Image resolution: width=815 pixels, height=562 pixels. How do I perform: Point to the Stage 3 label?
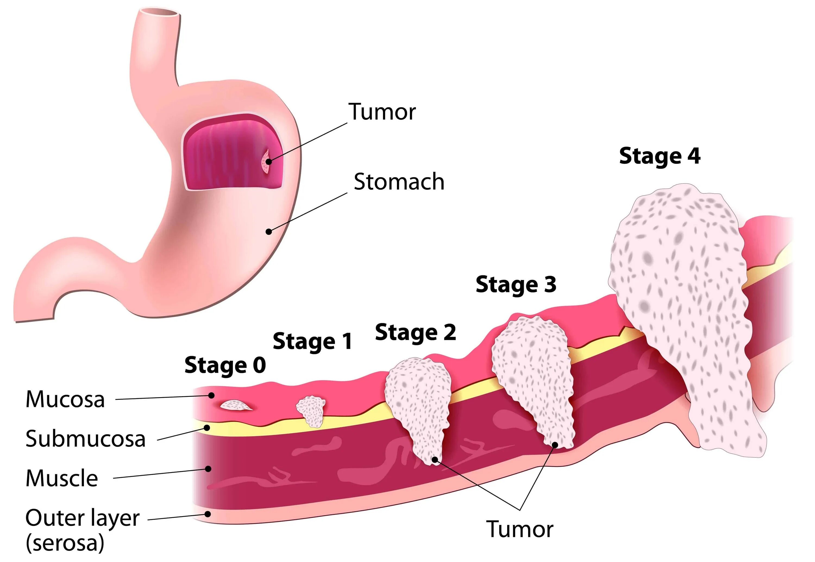(516, 284)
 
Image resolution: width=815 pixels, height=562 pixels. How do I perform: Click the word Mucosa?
(65, 399)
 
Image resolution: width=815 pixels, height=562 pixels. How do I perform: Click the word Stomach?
(399, 182)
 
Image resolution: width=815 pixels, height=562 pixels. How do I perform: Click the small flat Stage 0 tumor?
(236, 405)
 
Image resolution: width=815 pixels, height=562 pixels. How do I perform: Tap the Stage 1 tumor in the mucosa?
(311, 411)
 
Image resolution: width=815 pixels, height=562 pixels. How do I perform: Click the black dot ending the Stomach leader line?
(269, 231)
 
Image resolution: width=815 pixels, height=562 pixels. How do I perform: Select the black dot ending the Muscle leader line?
(208, 469)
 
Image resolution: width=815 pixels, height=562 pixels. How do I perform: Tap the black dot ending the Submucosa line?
(207, 428)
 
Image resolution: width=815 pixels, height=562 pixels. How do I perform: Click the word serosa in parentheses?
(65, 543)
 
